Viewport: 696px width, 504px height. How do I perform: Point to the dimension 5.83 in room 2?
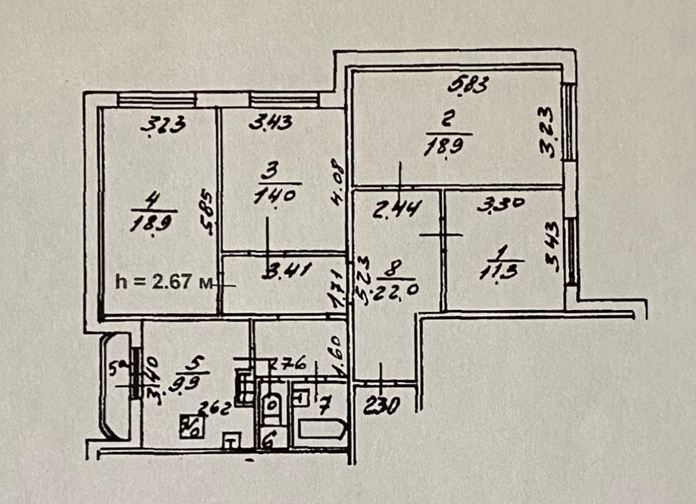(x=469, y=85)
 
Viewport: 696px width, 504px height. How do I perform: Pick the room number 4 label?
(x=153, y=201)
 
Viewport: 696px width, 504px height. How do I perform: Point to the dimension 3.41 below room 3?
(x=287, y=271)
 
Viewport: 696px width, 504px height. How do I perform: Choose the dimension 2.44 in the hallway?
(x=397, y=207)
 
